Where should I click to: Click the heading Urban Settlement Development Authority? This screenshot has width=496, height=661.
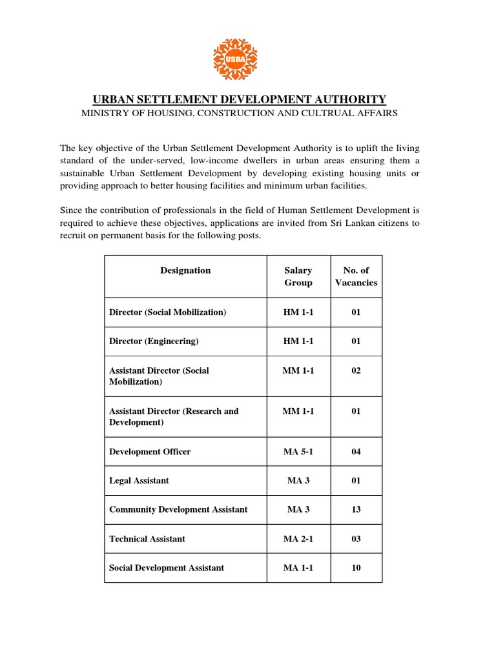(240, 99)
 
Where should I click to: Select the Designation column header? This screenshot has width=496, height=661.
(185, 270)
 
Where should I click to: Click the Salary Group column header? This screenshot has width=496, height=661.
(298, 276)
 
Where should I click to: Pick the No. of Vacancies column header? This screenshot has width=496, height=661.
(356, 276)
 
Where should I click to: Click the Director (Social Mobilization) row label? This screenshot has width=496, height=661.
(168, 312)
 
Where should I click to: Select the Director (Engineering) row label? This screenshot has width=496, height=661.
(154, 341)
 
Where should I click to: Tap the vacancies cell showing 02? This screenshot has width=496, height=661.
(356, 371)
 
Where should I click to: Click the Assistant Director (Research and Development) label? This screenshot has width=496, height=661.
(174, 416)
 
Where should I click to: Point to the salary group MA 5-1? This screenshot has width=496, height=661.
(298, 452)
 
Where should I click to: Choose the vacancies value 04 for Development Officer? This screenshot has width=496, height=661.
(356, 452)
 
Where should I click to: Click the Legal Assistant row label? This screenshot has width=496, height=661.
(139, 481)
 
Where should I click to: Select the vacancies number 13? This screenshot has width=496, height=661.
(356, 510)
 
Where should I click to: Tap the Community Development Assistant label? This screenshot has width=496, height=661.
(178, 510)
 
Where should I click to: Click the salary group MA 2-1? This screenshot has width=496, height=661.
(298, 539)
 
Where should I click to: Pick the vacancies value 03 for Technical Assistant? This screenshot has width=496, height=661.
(356, 539)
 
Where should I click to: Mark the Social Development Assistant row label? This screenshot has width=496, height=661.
(167, 568)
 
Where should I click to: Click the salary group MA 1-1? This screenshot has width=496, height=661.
(298, 568)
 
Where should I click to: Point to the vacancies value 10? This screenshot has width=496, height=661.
(356, 568)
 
